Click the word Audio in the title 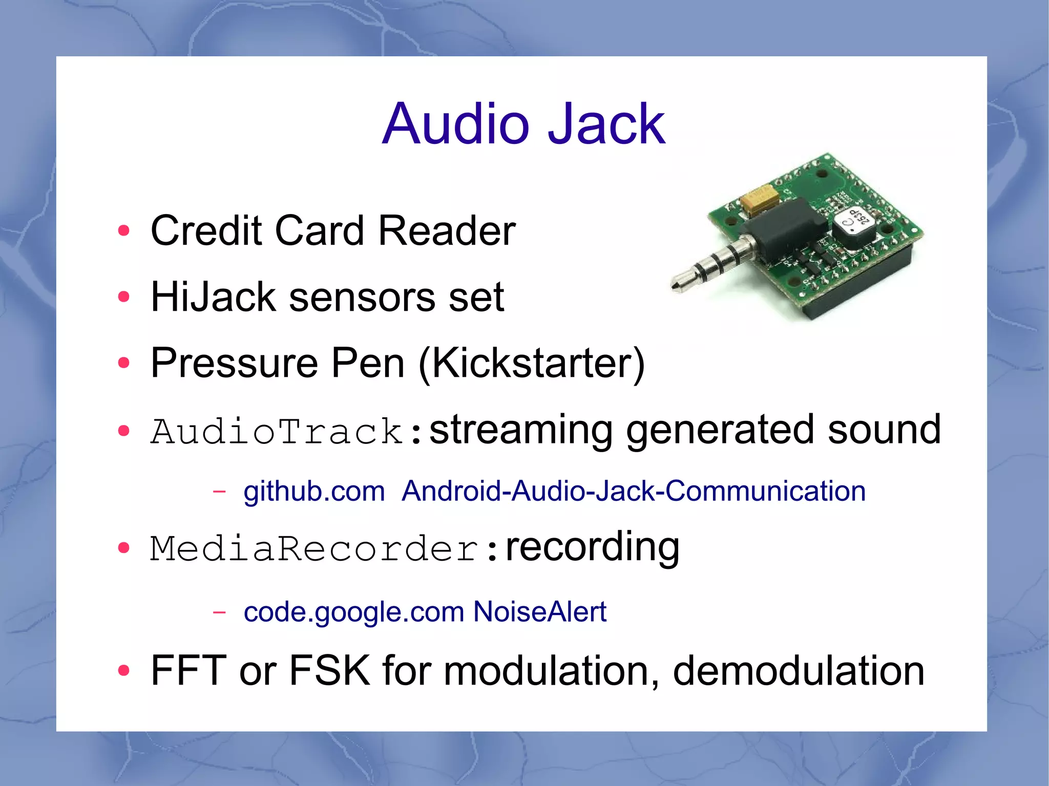click(x=456, y=124)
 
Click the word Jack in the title click(x=606, y=124)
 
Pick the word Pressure click(x=234, y=364)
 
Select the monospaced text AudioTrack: click(x=287, y=431)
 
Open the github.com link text click(x=314, y=492)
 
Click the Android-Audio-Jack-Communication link click(x=634, y=492)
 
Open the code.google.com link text click(x=353, y=612)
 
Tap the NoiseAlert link click(x=539, y=612)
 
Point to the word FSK click(x=329, y=671)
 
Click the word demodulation click(x=799, y=671)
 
